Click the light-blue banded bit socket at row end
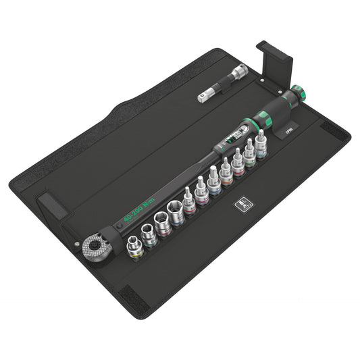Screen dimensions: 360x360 pyautogui.click(x=261, y=146)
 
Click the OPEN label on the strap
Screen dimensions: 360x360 pyautogui.click(x=286, y=134)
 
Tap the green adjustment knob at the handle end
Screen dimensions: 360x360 pyautogui.click(x=299, y=93)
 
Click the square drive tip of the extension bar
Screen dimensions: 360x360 pyautogui.click(x=202, y=98)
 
